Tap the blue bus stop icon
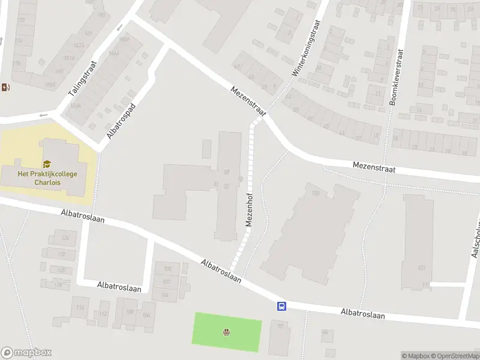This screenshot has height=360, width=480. tap(281, 306)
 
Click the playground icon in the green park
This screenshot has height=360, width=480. tap(227, 332)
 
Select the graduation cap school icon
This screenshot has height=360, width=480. tap(47, 164)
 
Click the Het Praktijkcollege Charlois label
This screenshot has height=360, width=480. tap(43, 178)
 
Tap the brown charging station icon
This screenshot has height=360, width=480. tap(5, 88)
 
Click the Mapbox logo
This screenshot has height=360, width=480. tap(26, 353)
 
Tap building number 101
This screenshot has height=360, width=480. tap(421, 268)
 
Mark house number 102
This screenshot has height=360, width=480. tap(167, 281)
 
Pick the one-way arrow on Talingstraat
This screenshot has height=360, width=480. tap(119, 26)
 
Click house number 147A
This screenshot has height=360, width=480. tap(78, 46)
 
